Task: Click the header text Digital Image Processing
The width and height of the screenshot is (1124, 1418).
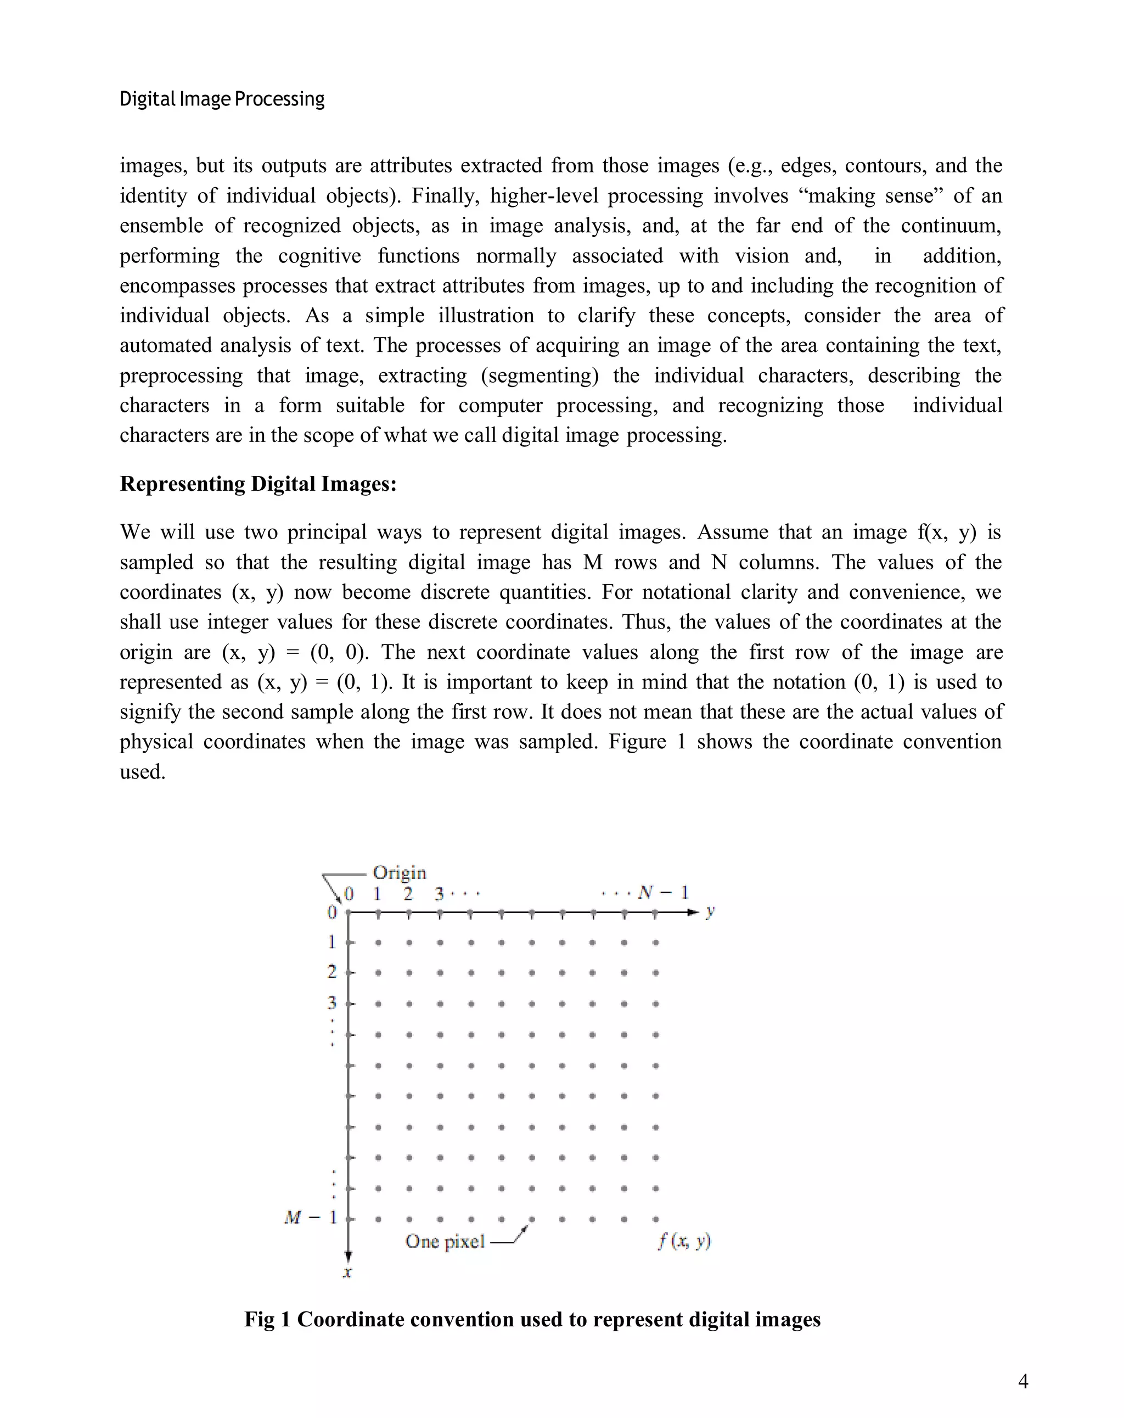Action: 222,99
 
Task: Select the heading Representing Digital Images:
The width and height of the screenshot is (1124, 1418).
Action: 258,484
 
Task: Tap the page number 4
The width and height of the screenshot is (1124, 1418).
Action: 1022,1381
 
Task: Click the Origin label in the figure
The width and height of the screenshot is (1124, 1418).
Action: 399,873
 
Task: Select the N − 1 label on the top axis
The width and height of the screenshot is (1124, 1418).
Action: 663,893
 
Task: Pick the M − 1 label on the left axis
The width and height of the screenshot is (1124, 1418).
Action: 311,1218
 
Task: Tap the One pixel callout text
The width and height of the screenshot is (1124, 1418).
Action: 445,1241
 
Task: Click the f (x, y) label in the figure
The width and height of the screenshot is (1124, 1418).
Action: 684,1241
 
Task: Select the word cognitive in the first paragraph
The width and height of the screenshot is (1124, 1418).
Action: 319,256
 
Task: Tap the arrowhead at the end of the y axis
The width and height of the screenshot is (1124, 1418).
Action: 692,912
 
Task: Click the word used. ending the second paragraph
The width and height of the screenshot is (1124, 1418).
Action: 142,772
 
